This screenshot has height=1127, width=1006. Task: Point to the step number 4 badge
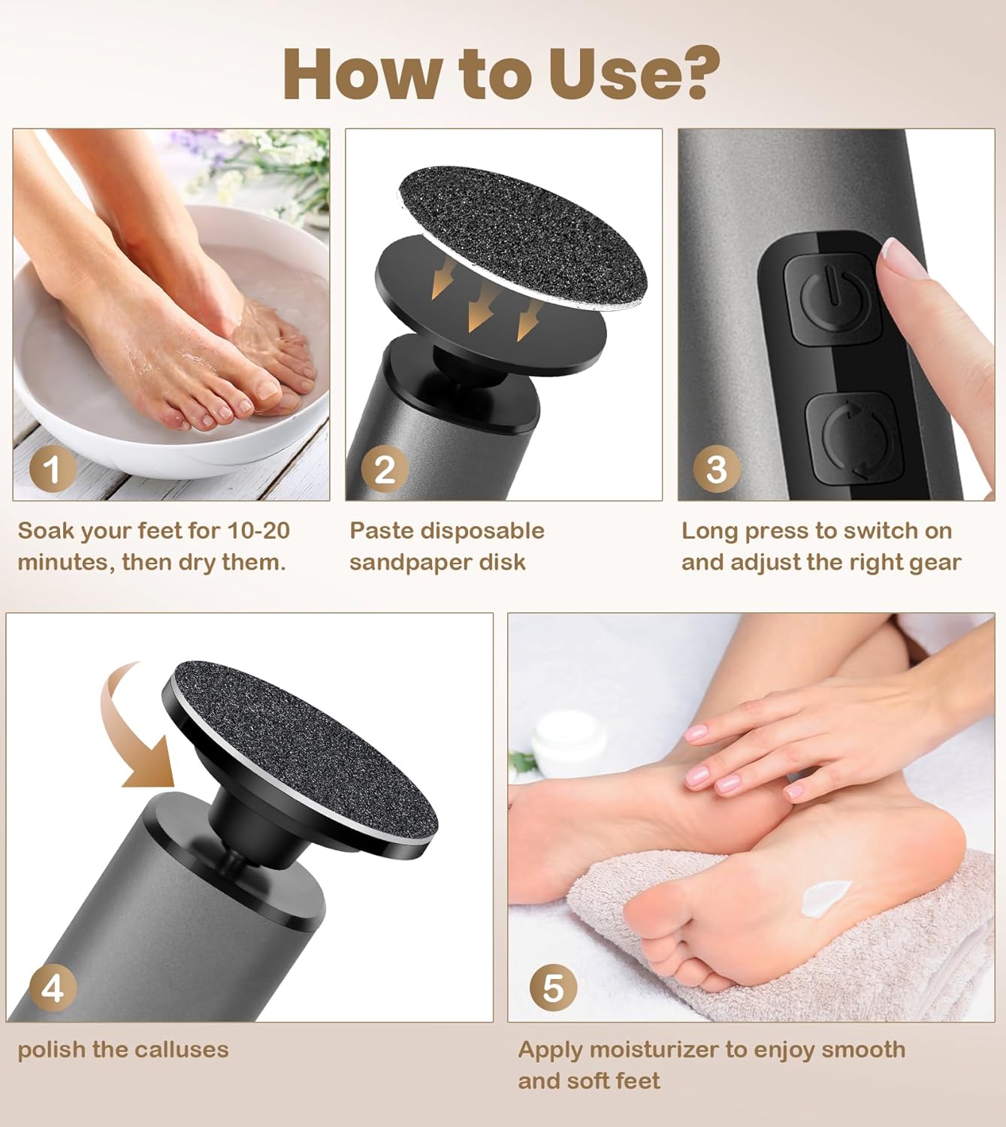tap(53, 989)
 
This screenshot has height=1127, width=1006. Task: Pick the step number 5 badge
tap(553, 989)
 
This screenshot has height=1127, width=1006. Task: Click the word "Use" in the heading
tap(604, 74)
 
